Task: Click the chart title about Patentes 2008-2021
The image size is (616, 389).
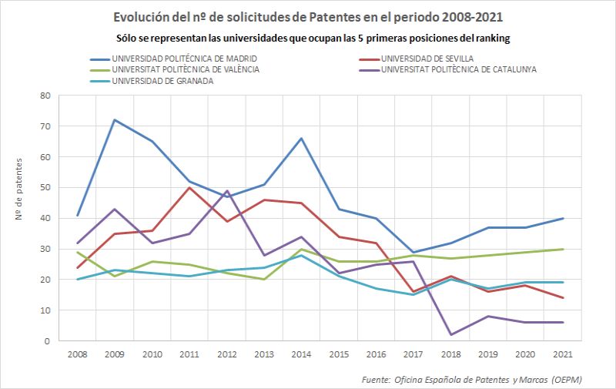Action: [308, 17]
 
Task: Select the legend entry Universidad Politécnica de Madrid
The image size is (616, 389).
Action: [184, 59]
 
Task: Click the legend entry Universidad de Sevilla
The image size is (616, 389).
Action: [427, 59]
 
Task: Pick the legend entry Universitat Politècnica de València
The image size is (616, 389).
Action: [185, 69]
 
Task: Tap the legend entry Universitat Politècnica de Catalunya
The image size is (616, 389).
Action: [458, 69]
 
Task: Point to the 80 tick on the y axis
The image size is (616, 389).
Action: [45, 96]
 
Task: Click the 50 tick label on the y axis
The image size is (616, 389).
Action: [45, 187]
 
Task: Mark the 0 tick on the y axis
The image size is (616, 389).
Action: [47, 341]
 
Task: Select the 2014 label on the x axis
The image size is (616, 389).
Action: [301, 354]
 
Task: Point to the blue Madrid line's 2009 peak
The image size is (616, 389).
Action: [114, 119]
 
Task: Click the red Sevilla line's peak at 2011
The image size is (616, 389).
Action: [189, 187]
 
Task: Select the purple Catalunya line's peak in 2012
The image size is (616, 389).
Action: [226, 190]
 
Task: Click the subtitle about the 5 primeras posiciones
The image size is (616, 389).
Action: [308, 38]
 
